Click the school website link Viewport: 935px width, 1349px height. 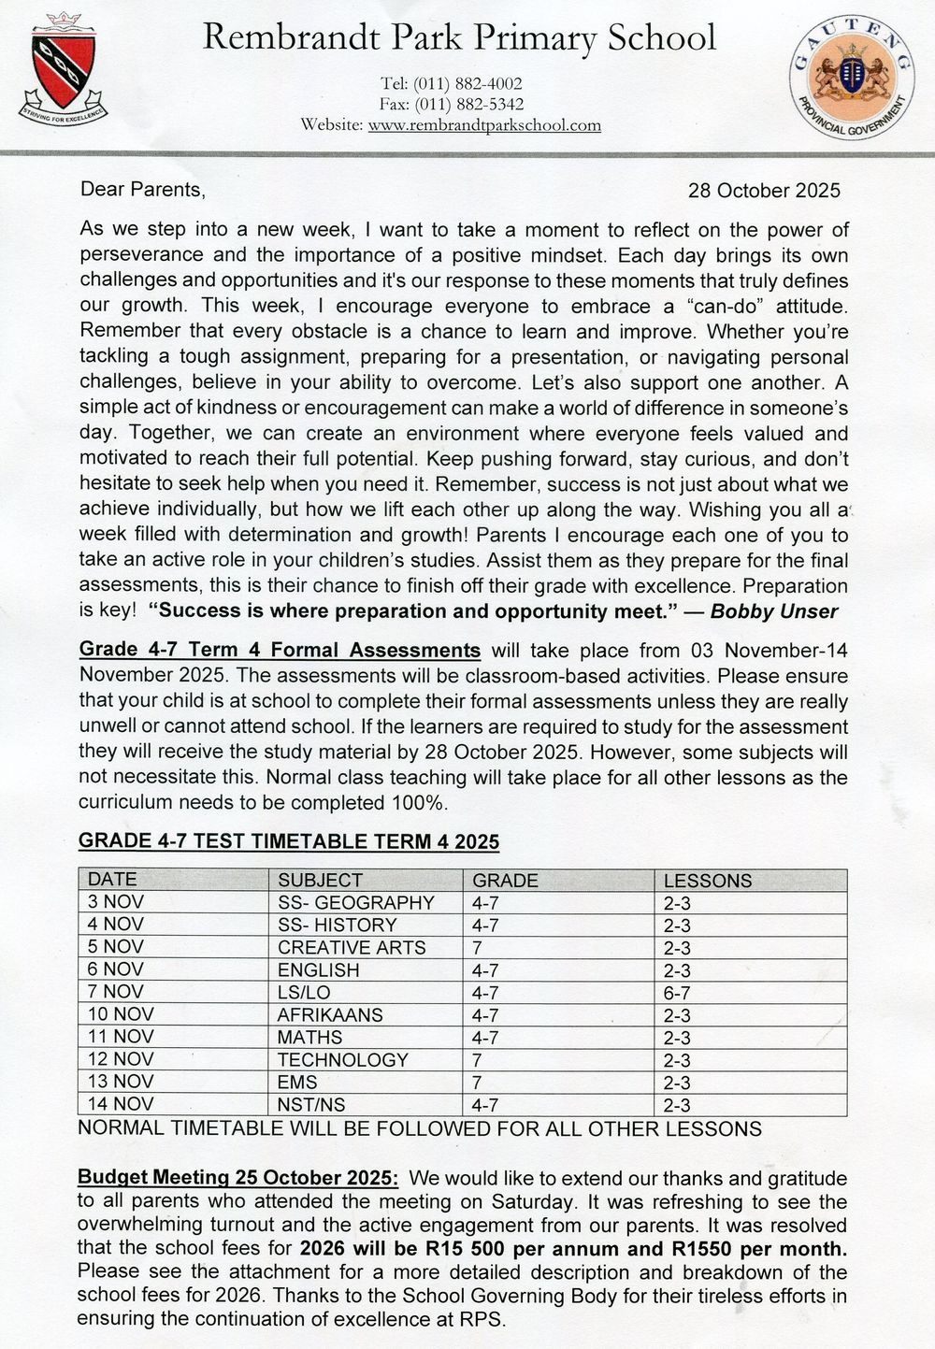coord(484,125)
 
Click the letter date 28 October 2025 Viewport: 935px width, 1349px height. coord(764,191)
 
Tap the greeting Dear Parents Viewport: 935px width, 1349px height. coord(142,190)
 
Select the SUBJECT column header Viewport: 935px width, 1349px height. coord(320,880)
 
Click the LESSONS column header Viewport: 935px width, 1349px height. coord(707,880)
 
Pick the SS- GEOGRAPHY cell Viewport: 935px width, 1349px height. coord(356,902)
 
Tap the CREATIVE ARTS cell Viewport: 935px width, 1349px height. coord(352,947)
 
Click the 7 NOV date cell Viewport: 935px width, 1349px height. coord(116,992)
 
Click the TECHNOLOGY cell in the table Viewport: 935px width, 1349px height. coord(343,1059)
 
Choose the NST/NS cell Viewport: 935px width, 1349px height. coord(311,1104)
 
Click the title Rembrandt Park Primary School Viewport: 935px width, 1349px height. coord(459,38)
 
